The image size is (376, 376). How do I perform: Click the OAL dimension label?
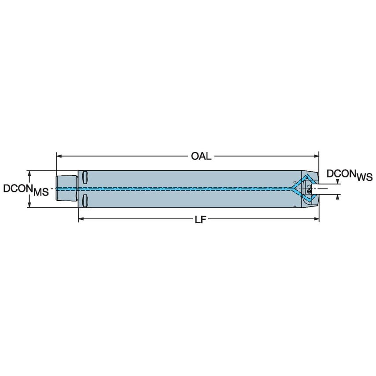click(201, 156)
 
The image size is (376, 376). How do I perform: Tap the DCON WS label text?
click(349, 175)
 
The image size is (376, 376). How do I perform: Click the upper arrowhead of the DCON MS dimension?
click(30, 173)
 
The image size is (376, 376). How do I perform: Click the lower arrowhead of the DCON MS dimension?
click(30, 204)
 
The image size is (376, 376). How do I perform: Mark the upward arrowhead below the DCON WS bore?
click(337, 197)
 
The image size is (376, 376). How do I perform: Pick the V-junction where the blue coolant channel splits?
click(292, 189)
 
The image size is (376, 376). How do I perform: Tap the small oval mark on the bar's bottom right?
click(295, 206)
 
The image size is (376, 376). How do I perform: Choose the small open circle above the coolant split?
click(295, 181)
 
